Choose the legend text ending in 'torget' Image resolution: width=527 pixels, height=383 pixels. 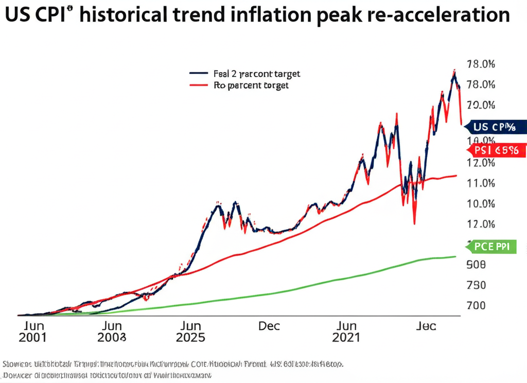pyautogui.click(x=251, y=85)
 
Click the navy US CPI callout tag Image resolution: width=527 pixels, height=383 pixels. pyautogui.click(x=497, y=126)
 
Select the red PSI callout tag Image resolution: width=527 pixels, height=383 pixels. pyautogui.click(x=497, y=150)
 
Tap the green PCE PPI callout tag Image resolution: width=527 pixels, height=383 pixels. pyautogui.click(x=491, y=247)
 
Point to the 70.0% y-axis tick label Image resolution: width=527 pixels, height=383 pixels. pyautogui.click(x=480, y=106)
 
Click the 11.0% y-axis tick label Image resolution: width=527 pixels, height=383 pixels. pyautogui.click(x=480, y=183)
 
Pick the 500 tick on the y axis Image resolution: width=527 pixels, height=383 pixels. pyautogui.click(x=476, y=265)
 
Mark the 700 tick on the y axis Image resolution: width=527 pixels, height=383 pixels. pyautogui.click(x=476, y=305)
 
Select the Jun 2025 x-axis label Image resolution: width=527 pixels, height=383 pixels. pyautogui.click(x=190, y=332)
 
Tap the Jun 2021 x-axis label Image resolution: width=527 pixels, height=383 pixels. pyautogui.click(x=346, y=332)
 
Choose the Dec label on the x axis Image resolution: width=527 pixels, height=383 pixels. pyautogui.click(x=269, y=326)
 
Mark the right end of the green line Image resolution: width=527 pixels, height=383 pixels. pyautogui.click(x=455, y=256)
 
